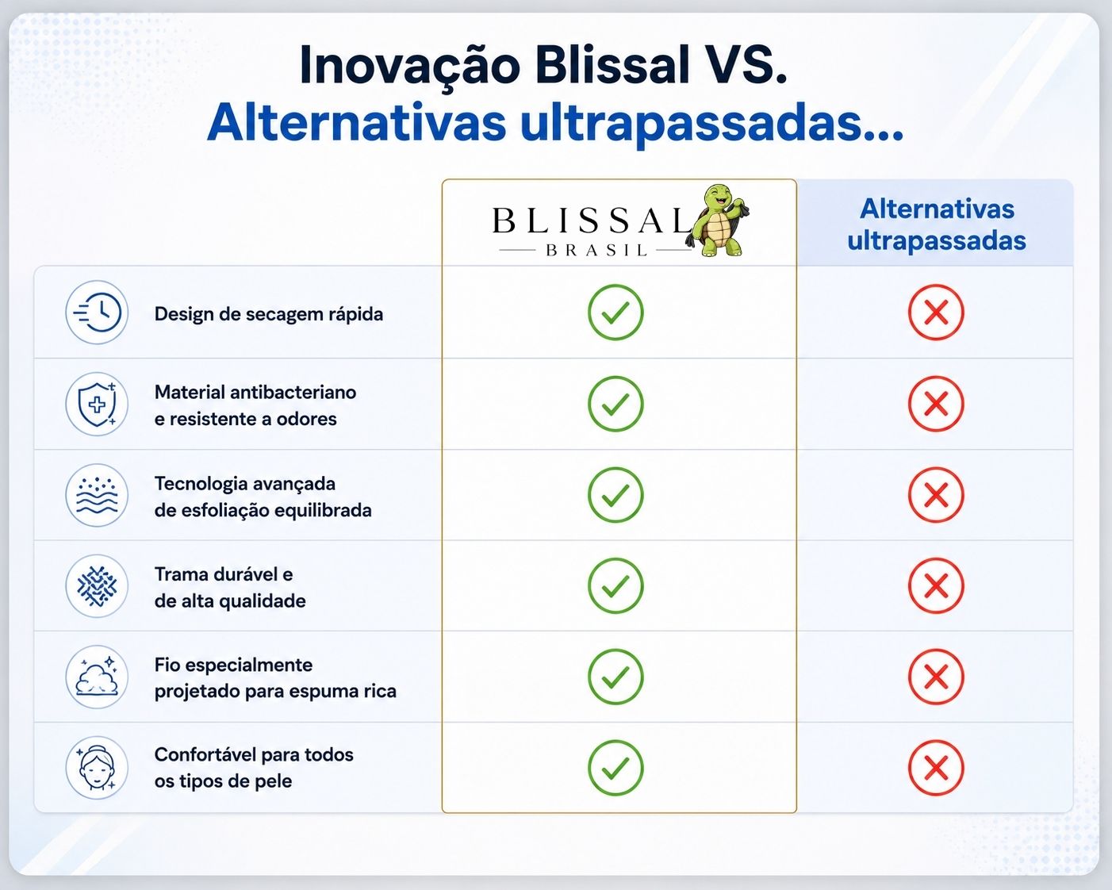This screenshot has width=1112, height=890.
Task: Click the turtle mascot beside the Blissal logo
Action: [717, 221]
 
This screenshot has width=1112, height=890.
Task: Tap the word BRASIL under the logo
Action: [596, 251]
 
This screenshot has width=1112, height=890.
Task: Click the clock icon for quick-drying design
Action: [97, 313]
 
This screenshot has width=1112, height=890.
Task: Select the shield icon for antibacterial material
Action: [97, 404]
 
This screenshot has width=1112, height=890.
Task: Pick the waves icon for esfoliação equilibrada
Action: [97, 495]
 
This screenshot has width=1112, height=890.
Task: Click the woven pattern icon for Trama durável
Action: [97, 586]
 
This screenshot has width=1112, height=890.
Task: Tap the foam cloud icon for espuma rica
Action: [97, 677]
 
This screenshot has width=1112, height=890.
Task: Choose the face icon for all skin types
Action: [97, 768]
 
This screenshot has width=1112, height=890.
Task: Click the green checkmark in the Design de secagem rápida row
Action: [615, 313]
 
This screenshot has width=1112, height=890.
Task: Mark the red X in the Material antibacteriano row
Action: [936, 404]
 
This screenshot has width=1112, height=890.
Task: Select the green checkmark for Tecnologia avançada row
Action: [615, 495]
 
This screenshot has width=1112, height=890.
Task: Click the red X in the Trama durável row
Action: [936, 586]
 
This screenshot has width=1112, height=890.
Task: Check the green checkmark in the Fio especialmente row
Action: [615, 677]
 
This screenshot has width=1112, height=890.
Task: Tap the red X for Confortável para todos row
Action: [936, 768]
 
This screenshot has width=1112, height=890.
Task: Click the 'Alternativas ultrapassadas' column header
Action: [936, 224]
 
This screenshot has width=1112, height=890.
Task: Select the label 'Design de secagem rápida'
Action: [269, 314]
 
